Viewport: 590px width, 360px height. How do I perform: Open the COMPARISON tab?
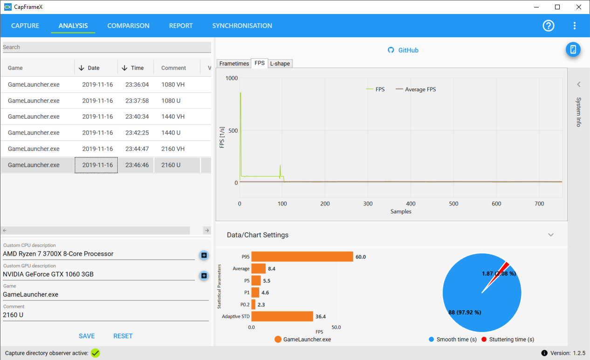pyautogui.click(x=128, y=26)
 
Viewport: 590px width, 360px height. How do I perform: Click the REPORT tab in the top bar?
pyautogui.click(x=181, y=26)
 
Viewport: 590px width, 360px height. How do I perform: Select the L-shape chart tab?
pyautogui.click(x=280, y=63)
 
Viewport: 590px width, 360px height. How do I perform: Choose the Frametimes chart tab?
pyautogui.click(x=234, y=63)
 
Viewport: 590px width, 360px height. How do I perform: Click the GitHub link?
pyautogui.click(x=403, y=50)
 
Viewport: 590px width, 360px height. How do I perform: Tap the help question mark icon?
pyautogui.click(x=549, y=26)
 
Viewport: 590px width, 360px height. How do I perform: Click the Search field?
pyautogui.click(x=107, y=47)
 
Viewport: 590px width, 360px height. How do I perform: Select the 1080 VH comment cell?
pyautogui.click(x=173, y=84)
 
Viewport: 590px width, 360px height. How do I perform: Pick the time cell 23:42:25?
pyautogui.click(x=137, y=133)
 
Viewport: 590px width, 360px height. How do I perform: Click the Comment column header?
pyautogui.click(x=173, y=68)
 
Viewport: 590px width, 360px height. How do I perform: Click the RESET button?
pyautogui.click(x=123, y=336)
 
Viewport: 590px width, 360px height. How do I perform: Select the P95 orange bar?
pyautogui.click(x=302, y=257)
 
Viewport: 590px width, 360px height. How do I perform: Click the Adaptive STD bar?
pyautogui.click(x=282, y=316)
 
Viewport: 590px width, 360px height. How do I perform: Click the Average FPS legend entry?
pyautogui.click(x=416, y=89)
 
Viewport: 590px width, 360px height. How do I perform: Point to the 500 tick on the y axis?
pyautogui.click(x=233, y=130)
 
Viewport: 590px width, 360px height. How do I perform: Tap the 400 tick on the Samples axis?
pyautogui.click(x=411, y=204)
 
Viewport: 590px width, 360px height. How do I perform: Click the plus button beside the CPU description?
pyautogui.click(x=204, y=255)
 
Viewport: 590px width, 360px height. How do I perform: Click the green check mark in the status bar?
pyautogui.click(x=96, y=353)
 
